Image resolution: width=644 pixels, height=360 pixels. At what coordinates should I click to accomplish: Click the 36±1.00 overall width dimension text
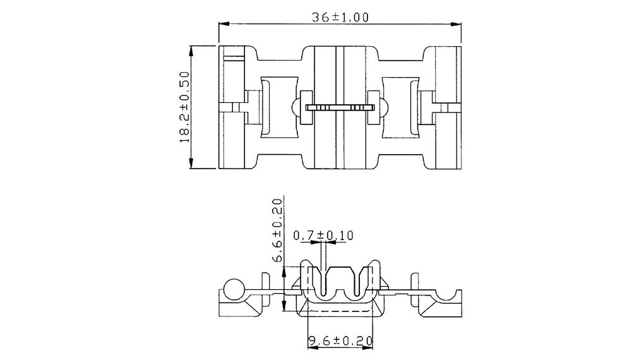(340, 17)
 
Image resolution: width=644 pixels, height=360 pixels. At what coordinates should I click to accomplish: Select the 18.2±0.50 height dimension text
(185, 107)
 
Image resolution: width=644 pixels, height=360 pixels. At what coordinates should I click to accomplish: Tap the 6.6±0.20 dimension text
(278, 231)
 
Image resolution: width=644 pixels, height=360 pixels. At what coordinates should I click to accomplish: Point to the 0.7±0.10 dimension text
(323, 236)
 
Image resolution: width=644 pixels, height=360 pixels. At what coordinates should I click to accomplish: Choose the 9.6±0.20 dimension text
(340, 340)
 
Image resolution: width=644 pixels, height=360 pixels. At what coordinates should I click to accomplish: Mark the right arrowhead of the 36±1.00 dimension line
(456, 24)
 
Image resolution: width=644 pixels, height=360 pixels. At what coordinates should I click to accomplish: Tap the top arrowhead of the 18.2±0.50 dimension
(191, 51)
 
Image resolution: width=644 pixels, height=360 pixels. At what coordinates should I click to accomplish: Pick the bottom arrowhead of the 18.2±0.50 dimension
(191, 163)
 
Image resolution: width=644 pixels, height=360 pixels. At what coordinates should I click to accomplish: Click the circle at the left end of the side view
(234, 288)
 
